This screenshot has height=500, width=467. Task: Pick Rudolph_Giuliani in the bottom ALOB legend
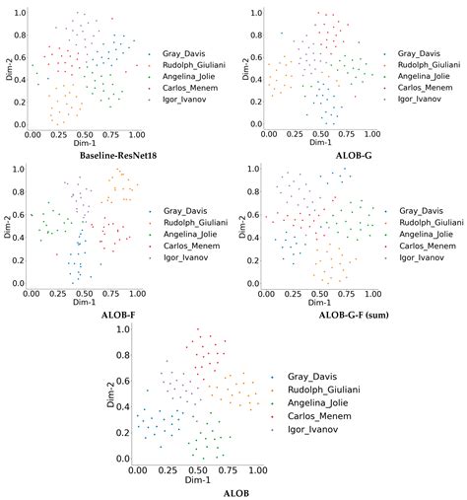click(322, 390)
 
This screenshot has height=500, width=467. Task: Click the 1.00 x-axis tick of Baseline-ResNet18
click(135, 133)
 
